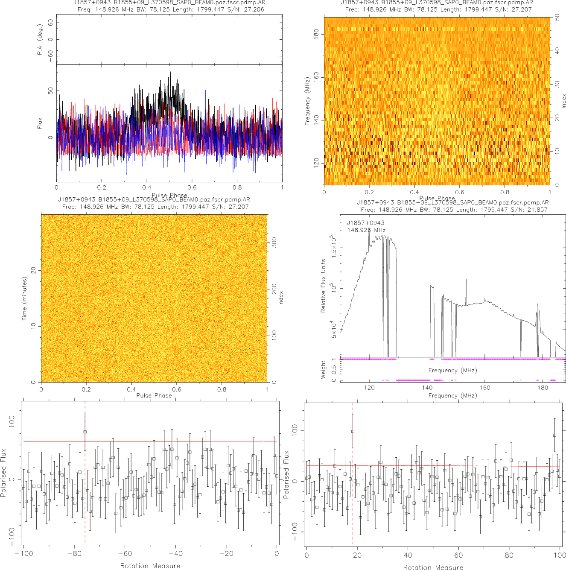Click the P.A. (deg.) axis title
(40, 40)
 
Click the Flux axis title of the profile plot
(40, 123)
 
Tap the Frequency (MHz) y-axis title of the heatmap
(307, 101)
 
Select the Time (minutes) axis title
(24, 298)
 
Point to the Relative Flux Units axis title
(323, 286)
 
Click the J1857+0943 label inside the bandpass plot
(365, 223)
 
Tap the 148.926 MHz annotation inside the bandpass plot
(366, 230)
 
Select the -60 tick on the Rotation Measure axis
(125, 554)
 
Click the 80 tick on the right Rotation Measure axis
(509, 555)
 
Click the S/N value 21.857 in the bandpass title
(535, 210)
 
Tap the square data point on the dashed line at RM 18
(353, 431)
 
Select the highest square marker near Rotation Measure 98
(554, 435)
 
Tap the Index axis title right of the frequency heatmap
(563, 101)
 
